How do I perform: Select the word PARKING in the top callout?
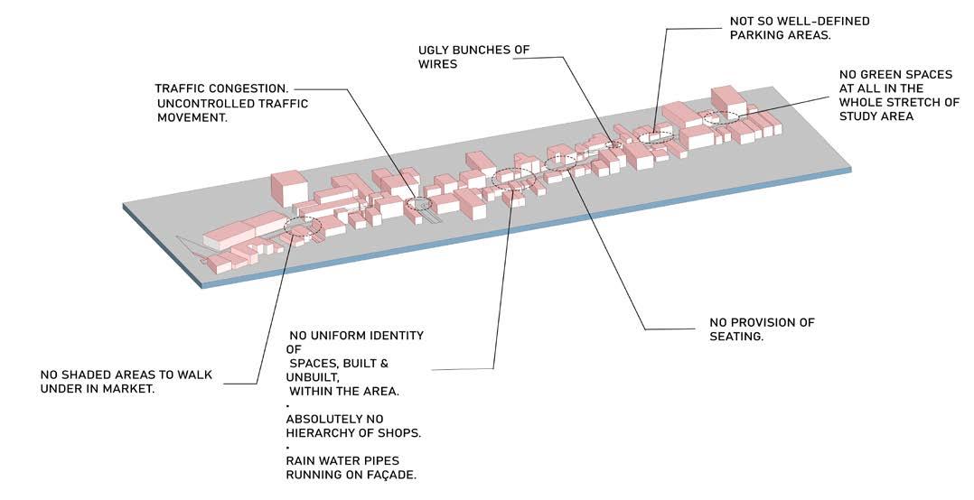pos(755,35)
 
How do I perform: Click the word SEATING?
pos(736,337)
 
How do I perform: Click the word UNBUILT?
pos(310,376)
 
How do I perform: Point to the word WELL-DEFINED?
pos(834,21)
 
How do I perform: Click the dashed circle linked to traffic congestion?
pos(418,204)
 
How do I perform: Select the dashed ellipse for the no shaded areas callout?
pos(303,226)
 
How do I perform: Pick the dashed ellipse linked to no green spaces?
pos(719,117)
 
